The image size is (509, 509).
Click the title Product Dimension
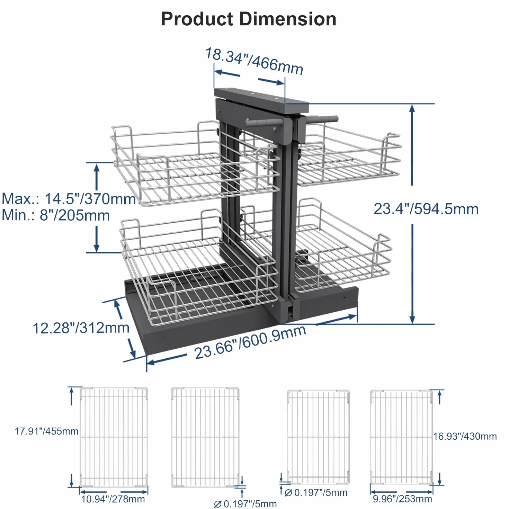(x=249, y=19)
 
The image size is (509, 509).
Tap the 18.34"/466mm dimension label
(x=254, y=61)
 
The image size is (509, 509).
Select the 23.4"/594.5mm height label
(x=426, y=209)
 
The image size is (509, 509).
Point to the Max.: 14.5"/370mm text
(x=69, y=198)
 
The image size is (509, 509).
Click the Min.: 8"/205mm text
(x=56, y=215)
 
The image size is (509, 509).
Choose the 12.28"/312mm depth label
(x=81, y=328)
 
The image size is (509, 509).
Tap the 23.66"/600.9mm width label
(x=250, y=342)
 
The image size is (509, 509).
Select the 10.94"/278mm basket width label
(x=113, y=499)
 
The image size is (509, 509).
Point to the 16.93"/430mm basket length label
(x=465, y=436)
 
